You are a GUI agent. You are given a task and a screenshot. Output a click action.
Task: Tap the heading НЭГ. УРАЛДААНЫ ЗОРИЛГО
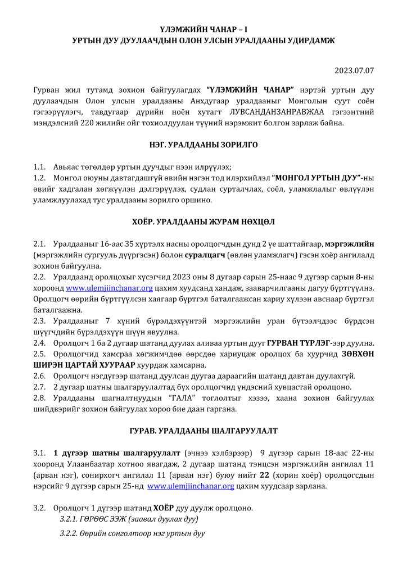(203, 145)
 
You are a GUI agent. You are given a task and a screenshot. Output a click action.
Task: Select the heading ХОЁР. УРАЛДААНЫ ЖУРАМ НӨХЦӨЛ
(203, 221)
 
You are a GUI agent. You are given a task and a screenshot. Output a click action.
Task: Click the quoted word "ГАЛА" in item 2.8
(172, 397)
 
